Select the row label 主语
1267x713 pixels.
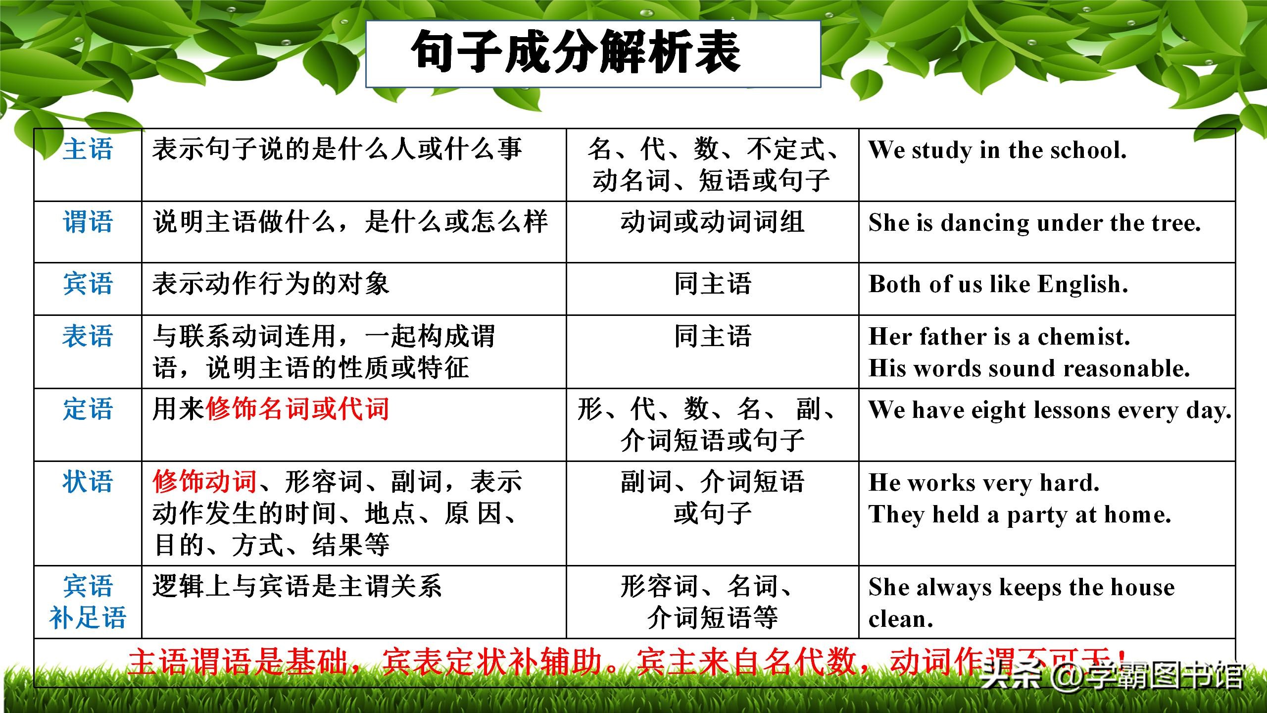tap(88, 150)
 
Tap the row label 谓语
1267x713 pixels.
tap(88, 221)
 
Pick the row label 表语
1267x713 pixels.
tap(88, 337)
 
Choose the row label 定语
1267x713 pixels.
tap(88, 409)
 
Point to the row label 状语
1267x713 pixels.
tap(88, 482)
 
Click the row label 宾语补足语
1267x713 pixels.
tap(88, 602)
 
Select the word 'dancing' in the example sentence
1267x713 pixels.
tap(985, 223)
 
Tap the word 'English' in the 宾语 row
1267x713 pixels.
tap(1082, 285)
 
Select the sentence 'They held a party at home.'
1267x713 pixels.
tap(1020, 515)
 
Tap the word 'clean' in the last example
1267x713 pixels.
tap(900, 619)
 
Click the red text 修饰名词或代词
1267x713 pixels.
tap(297, 409)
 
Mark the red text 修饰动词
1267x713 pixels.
tap(204, 482)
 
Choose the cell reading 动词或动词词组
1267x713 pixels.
tap(712, 222)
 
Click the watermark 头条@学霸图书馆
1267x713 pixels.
tap(1111, 675)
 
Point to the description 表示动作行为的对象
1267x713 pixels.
tap(271, 285)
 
